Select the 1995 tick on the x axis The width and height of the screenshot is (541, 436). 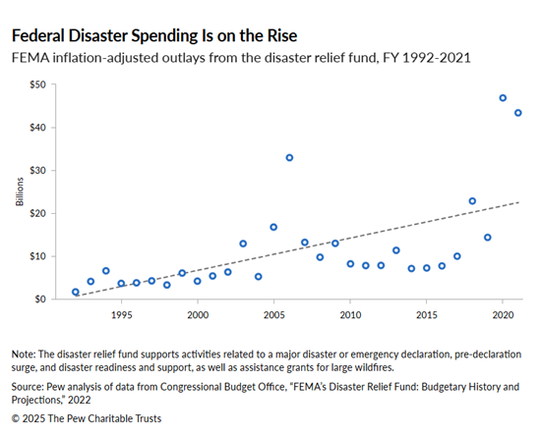click(x=121, y=315)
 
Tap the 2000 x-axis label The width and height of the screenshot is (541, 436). click(x=198, y=315)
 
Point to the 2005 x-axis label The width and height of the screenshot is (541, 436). click(x=273, y=315)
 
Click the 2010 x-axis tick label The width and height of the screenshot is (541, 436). click(x=350, y=315)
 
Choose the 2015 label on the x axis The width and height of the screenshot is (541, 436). click(x=426, y=315)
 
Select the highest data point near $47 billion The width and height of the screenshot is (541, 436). click(x=503, y=98)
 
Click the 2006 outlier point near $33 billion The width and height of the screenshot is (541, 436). click(x=289, y=157)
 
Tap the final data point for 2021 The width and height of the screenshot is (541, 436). click(x=518, y=113)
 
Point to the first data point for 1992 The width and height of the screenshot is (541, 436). click(x=76, y=292)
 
